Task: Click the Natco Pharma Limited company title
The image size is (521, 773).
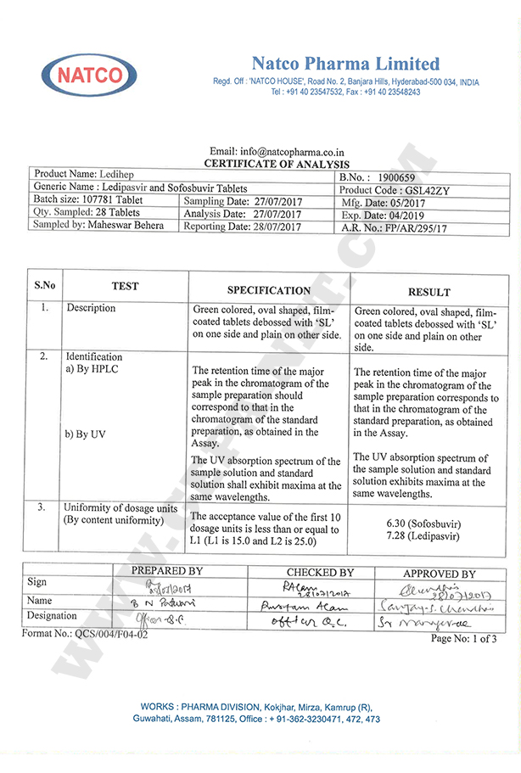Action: coord(345,64)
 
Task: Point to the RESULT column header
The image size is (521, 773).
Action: coord(429,291)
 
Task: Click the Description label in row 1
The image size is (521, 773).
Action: coord(91,308)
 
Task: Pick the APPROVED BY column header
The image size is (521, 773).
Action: coord(439,574)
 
